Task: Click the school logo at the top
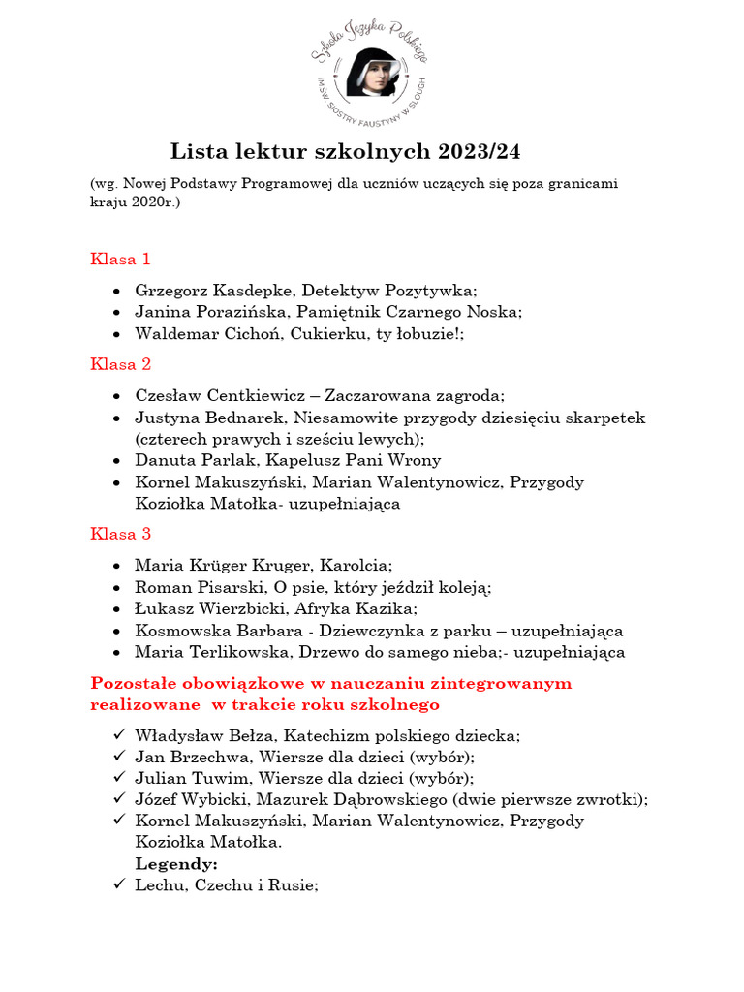373,74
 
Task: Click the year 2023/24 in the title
485,152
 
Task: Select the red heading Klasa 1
120,260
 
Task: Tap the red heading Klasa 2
120,364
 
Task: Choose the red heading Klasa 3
120,534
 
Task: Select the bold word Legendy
176,863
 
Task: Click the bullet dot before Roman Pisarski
117,588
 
